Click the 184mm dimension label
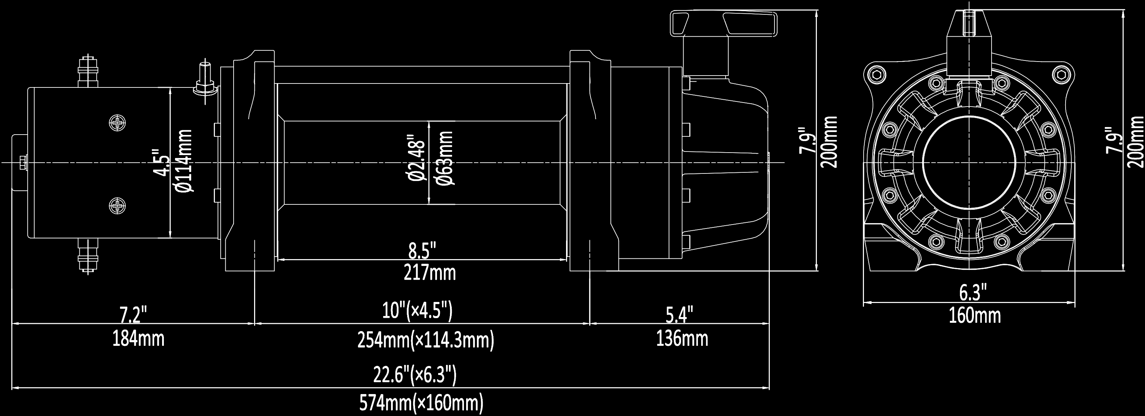[x=138, y=339]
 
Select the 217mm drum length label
[x=429, y=273]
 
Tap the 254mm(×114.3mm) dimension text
[x=426, y=341]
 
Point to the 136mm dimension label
[x=682, y=339]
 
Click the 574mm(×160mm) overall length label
[x=420, y=404]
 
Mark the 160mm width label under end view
[x=975, y=316]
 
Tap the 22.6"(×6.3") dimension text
[x=414, y=375]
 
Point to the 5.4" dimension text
[x=679, y=316]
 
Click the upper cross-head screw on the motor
[x=118, y=122]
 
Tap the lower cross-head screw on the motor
[x=118, y=205]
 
